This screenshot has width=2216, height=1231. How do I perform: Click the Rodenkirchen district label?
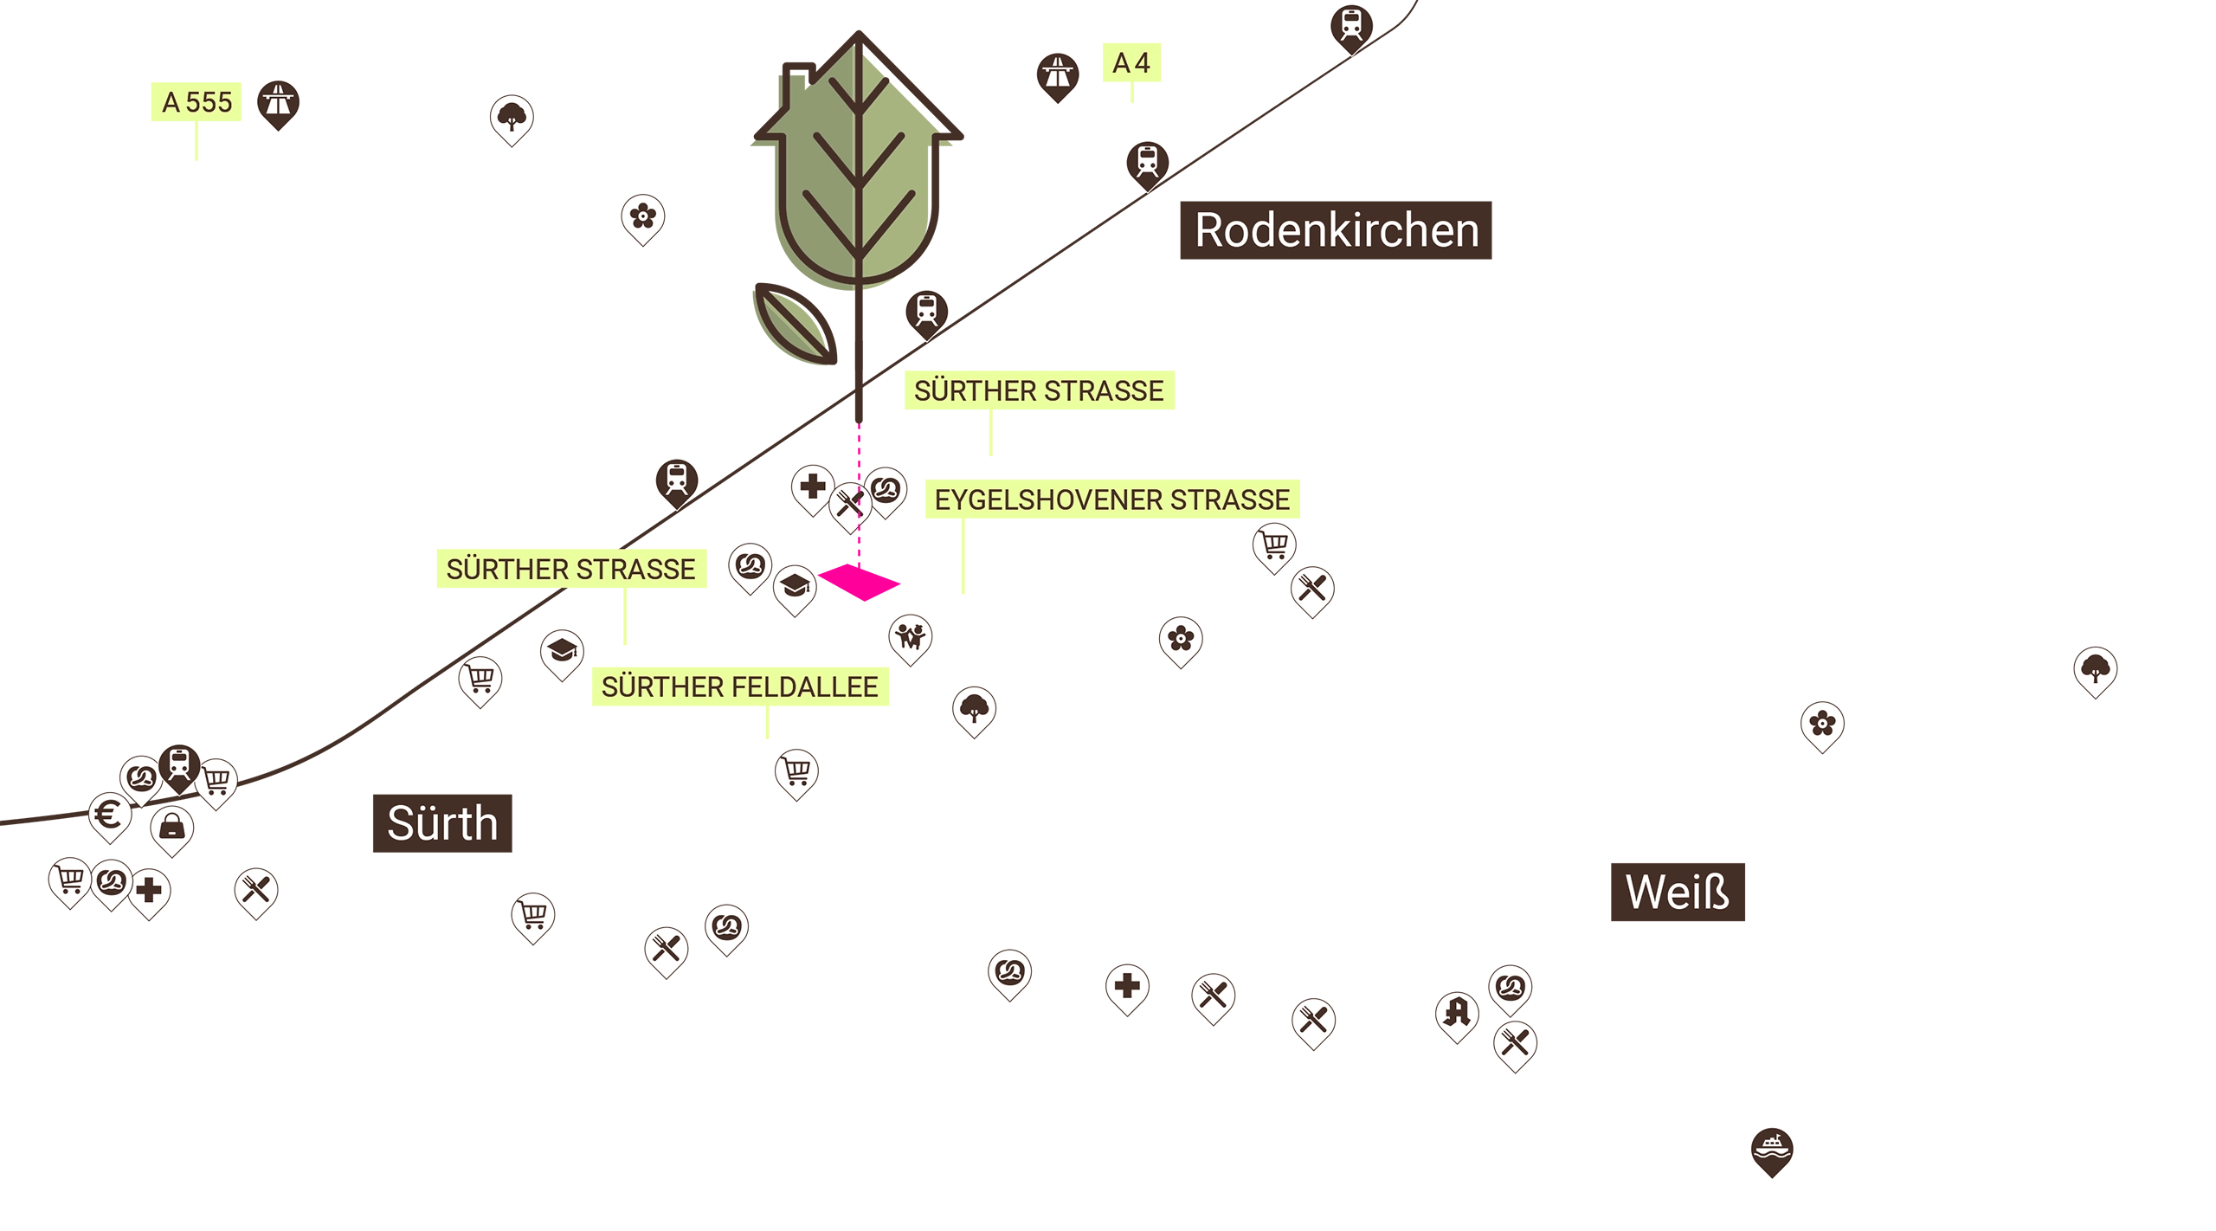pyautogui.click(x=1337, y=231)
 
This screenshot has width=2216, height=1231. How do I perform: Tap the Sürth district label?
pyautogui.click(x=442, y=822)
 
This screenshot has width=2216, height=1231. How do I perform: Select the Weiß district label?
pyautogui.click(x=1677, y=893)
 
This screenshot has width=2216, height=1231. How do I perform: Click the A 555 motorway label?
pyautogui.click(x=197, y=103)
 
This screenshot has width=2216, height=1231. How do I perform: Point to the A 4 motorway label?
pyautogui.click(x=1131, y=63)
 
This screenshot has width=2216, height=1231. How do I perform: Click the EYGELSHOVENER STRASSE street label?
pyautogui.click(x=1111, y=500)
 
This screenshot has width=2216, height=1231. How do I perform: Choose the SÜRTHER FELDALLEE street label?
pyautogui.click(x=739, y=687)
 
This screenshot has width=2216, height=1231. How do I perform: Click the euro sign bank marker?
pyautogui.click(x=110, y=815)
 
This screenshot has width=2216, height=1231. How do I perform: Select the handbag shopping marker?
pyautogui.click(x=171, y=828)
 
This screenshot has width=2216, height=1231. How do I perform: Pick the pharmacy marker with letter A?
pyautogui.click(x=1456, y=1014)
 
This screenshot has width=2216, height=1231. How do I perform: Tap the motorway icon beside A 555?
pyautogui.click(x=278, y=102)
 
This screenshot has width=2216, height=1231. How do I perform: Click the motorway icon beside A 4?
pyautogui.click(x=1056, y=74)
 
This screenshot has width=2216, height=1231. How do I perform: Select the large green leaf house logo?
pyautogui.click(x=854, y=164)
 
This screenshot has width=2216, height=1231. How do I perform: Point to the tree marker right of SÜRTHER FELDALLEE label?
pyautogui.click(x=974, y=709)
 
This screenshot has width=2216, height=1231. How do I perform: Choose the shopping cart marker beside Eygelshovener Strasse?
pyautogui.click(x=1273, y=545)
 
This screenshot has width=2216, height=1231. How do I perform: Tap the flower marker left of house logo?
pyautogui.click(x=642, y=217)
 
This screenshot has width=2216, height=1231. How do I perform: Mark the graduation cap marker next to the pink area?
pyautogui.click(x=794, y=589)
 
